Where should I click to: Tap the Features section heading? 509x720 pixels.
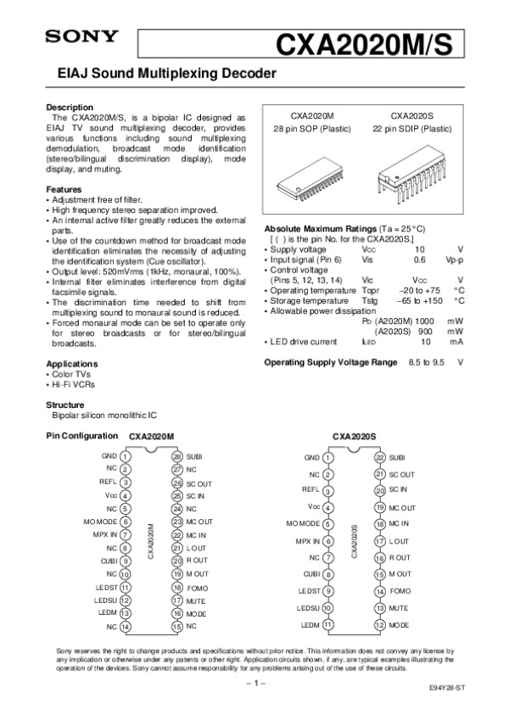(x=64, y=189)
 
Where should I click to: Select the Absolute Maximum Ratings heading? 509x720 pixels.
(x=321, y=230)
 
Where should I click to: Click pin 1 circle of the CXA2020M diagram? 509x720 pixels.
(x=125, y=456)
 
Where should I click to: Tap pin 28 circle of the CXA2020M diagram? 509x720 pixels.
(x=177, y=456)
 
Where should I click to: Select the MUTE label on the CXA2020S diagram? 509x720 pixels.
(x=400, y=608)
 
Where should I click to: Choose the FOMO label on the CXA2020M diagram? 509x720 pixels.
(x=198, y=587)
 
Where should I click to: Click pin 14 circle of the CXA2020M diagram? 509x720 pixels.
(x=125, y=627)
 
